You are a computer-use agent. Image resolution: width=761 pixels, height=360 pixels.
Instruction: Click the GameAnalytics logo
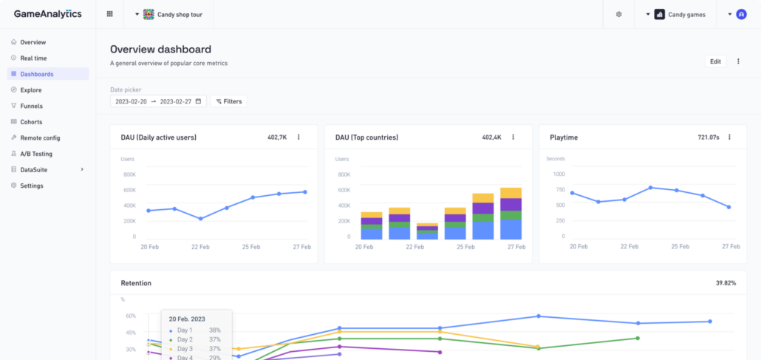48,14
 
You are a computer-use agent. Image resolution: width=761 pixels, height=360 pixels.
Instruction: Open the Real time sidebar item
33,58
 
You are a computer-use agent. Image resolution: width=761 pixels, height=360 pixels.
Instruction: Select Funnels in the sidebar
31,106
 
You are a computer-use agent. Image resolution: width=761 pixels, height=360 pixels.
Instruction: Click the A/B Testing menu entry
36,154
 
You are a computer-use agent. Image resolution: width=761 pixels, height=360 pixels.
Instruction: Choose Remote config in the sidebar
40,137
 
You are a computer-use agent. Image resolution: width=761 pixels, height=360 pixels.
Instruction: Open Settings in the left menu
32,186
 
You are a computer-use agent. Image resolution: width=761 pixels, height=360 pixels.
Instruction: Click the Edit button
715,61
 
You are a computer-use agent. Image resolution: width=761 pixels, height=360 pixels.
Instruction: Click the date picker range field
159,101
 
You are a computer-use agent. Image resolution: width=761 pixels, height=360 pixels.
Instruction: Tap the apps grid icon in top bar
110,14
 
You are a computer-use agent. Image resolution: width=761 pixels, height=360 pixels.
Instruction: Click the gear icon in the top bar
618,14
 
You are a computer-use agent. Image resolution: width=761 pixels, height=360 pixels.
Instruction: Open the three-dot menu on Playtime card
729,137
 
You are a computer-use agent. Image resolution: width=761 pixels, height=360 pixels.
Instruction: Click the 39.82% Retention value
726,283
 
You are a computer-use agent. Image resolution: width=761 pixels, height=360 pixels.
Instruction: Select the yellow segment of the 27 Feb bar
511,193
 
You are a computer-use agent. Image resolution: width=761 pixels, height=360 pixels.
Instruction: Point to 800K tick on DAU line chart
129,174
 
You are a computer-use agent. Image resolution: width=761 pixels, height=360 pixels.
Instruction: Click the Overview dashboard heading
160,50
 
